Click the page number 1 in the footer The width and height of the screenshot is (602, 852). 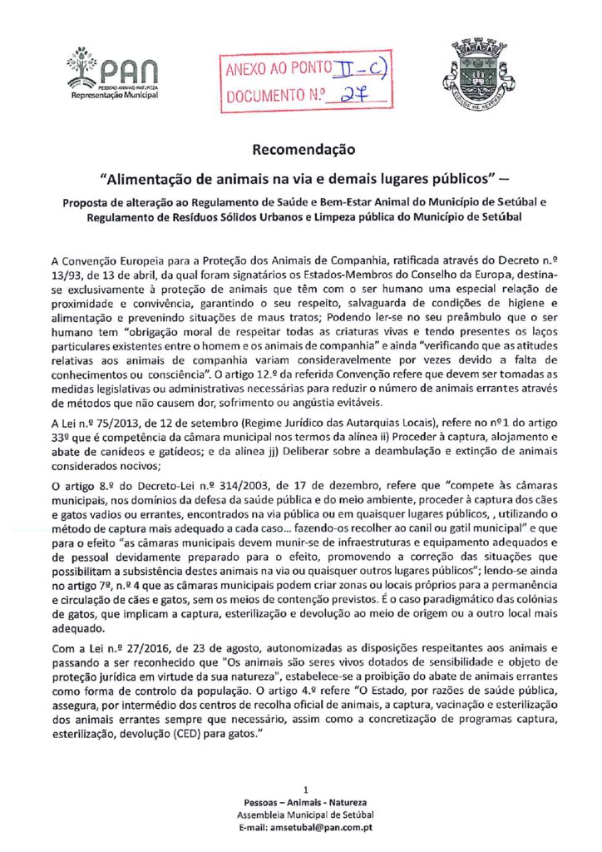click(307, 788)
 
